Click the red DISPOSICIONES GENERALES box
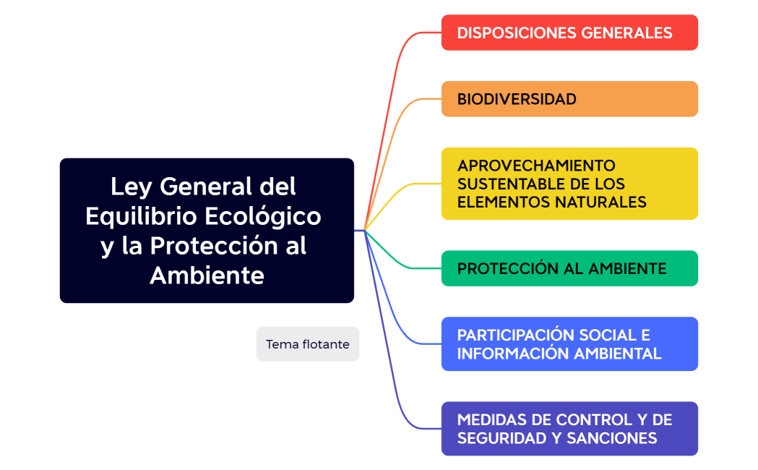569,33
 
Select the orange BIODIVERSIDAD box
569,99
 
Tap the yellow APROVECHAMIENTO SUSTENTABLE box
569,184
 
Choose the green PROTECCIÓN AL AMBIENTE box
569,269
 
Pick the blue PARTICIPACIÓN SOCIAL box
569,344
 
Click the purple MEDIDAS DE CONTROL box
569,429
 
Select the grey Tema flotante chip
307,344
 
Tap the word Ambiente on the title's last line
207,275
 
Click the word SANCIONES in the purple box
612,438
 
